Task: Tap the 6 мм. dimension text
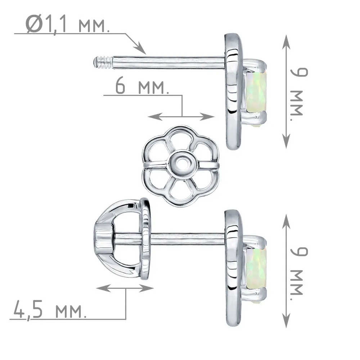pyautogui.click(x=142, y=86)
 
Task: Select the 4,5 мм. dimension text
pyautogui.click(x=50, y=310)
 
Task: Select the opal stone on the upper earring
pyautogui.click(x=256, y=92)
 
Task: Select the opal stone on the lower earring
pyautogui.click(x=256, y=269)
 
